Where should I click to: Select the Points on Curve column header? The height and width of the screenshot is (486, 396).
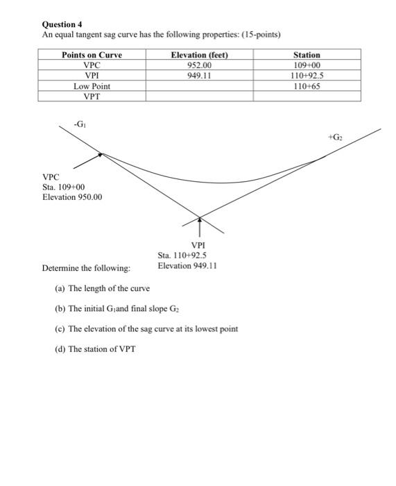click(x=92, y=55)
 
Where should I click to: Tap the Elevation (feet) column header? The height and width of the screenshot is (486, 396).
click(x=199, y=55)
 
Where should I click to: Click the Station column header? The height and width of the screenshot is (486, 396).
click(x=307, y=55)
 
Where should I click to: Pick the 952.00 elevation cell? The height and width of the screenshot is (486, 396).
click(x=199, y=65)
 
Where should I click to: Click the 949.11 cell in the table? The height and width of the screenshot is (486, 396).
click(x=199, y=76)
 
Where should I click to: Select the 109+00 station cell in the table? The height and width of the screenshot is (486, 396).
click(x=307, y=65)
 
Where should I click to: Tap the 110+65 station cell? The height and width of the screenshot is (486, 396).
click(x=307, y=86)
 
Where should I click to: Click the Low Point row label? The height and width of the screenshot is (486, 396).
click(x=92, y=86)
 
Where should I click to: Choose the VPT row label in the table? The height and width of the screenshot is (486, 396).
click(x=92, y=97)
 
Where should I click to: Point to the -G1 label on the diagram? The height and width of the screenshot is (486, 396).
click(x=80, y=125)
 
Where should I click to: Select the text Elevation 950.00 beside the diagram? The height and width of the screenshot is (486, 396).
click(x=72, y=197)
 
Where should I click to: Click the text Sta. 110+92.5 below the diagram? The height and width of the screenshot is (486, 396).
click(x=182, y=255)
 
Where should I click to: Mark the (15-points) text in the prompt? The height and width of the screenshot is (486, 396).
click(x=263, y=35)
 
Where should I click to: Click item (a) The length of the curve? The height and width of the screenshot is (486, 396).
click(x=102, y=288)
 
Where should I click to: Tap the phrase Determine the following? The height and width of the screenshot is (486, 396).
click(x=86, y=268)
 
